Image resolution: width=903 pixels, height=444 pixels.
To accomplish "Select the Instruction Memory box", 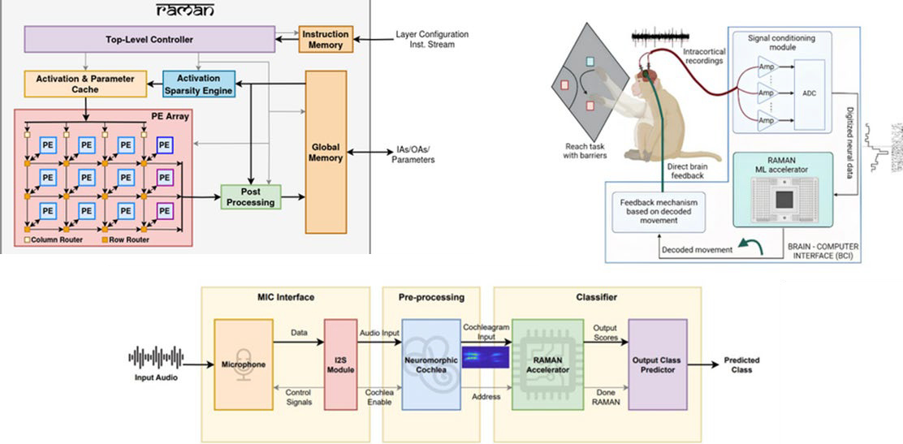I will [326, 39].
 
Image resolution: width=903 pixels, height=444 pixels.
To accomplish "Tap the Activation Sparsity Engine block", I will [199, 84].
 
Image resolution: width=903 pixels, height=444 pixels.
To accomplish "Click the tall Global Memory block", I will [326, 153].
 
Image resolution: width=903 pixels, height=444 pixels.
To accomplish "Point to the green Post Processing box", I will [251, 196].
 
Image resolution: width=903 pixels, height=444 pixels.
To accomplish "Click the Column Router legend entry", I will [52, 239].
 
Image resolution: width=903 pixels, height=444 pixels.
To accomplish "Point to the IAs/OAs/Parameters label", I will [412, 154].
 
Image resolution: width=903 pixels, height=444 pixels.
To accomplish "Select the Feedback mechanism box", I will [659, 209].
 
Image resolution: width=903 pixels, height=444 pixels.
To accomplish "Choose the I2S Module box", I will [340, 364].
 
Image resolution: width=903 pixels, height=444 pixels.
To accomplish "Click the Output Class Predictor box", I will [658, 364].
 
